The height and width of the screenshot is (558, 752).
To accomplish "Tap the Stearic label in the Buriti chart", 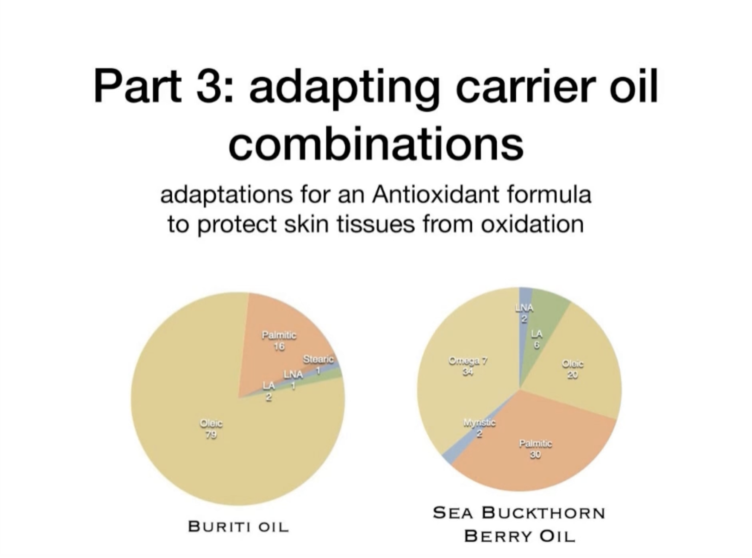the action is pyautogui.click(x=318, y=360).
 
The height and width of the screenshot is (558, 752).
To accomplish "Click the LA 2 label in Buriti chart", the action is pyautogui.click(x=269, y=391).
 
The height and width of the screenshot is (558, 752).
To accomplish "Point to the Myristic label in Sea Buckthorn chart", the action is pyautogui.click(x=480, y=423).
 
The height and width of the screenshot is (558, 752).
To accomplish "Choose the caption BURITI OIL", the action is pyautogui.click(x=239, y=526).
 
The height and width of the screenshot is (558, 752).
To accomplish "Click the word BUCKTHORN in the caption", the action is pyautogui.click(x=544, y=513).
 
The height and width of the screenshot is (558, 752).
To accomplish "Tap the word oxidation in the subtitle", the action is pyautogui.click(x=532, y=224).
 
